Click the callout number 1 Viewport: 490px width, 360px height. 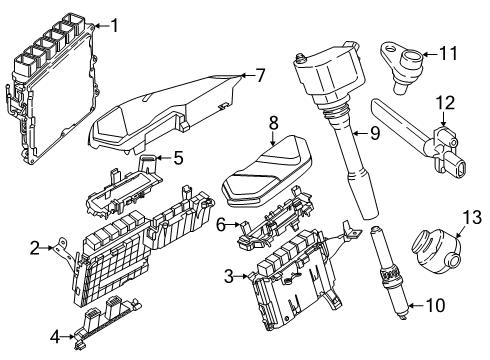click(x=114, y=26)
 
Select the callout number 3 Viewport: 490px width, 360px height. click(x=229, y=275)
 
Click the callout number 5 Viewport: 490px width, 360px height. click(x=179, y=157)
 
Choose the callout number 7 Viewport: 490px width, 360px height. click(x=259, y=75)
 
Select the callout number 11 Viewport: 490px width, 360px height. click(x=448, y=53)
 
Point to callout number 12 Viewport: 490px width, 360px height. click(x=444, y=102)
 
